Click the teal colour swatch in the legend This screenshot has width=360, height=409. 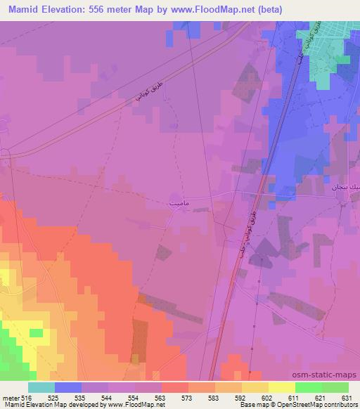tap(41, 387)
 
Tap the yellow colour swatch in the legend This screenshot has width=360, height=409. tap(281, 387)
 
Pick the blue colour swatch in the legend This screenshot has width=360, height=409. tap(68, 387)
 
